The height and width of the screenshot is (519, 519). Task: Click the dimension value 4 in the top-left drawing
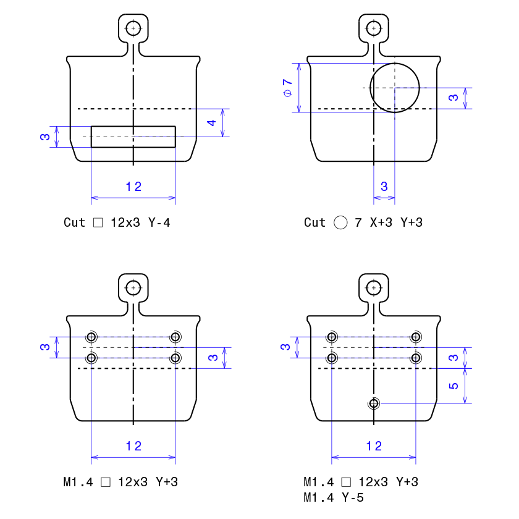(x=211, y=123)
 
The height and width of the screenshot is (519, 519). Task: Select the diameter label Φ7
(x=288, y=88)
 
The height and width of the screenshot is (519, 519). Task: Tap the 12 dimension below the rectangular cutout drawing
(x=133, y=187)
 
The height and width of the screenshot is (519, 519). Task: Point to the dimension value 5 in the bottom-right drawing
(x=453, y=386)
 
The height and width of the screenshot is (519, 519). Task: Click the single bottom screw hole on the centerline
(x=374, y=403)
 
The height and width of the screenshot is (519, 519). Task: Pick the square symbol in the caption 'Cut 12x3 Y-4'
(x=98, y=222)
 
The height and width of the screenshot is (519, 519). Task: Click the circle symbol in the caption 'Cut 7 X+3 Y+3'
(x=340, y=222)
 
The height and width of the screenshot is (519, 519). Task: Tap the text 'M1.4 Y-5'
(x=334, y=497)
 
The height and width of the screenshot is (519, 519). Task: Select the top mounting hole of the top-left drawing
(x=133, y=28)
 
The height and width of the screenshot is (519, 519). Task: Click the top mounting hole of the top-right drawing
(x=374, y=28)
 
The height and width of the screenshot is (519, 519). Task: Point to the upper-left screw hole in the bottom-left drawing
(x=91, y=337)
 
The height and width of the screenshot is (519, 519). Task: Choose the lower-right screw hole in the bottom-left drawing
(x=175, y=358)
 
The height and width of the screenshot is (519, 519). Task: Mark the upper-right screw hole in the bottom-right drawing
(x=416, y=337)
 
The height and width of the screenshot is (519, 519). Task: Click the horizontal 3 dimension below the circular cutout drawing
(x=384, y=187)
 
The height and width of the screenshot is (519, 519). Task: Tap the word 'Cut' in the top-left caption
(x=74, y=222)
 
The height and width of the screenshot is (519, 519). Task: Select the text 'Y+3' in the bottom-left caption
(x=167, y=482)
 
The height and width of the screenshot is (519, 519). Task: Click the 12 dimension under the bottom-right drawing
(x=374, y=446)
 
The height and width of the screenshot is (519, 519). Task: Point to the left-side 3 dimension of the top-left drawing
(x=45, y=137)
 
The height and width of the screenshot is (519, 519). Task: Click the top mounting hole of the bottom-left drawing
(x=133, y=288)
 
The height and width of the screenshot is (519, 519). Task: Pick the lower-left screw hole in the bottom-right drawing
(x=332, y=358)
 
